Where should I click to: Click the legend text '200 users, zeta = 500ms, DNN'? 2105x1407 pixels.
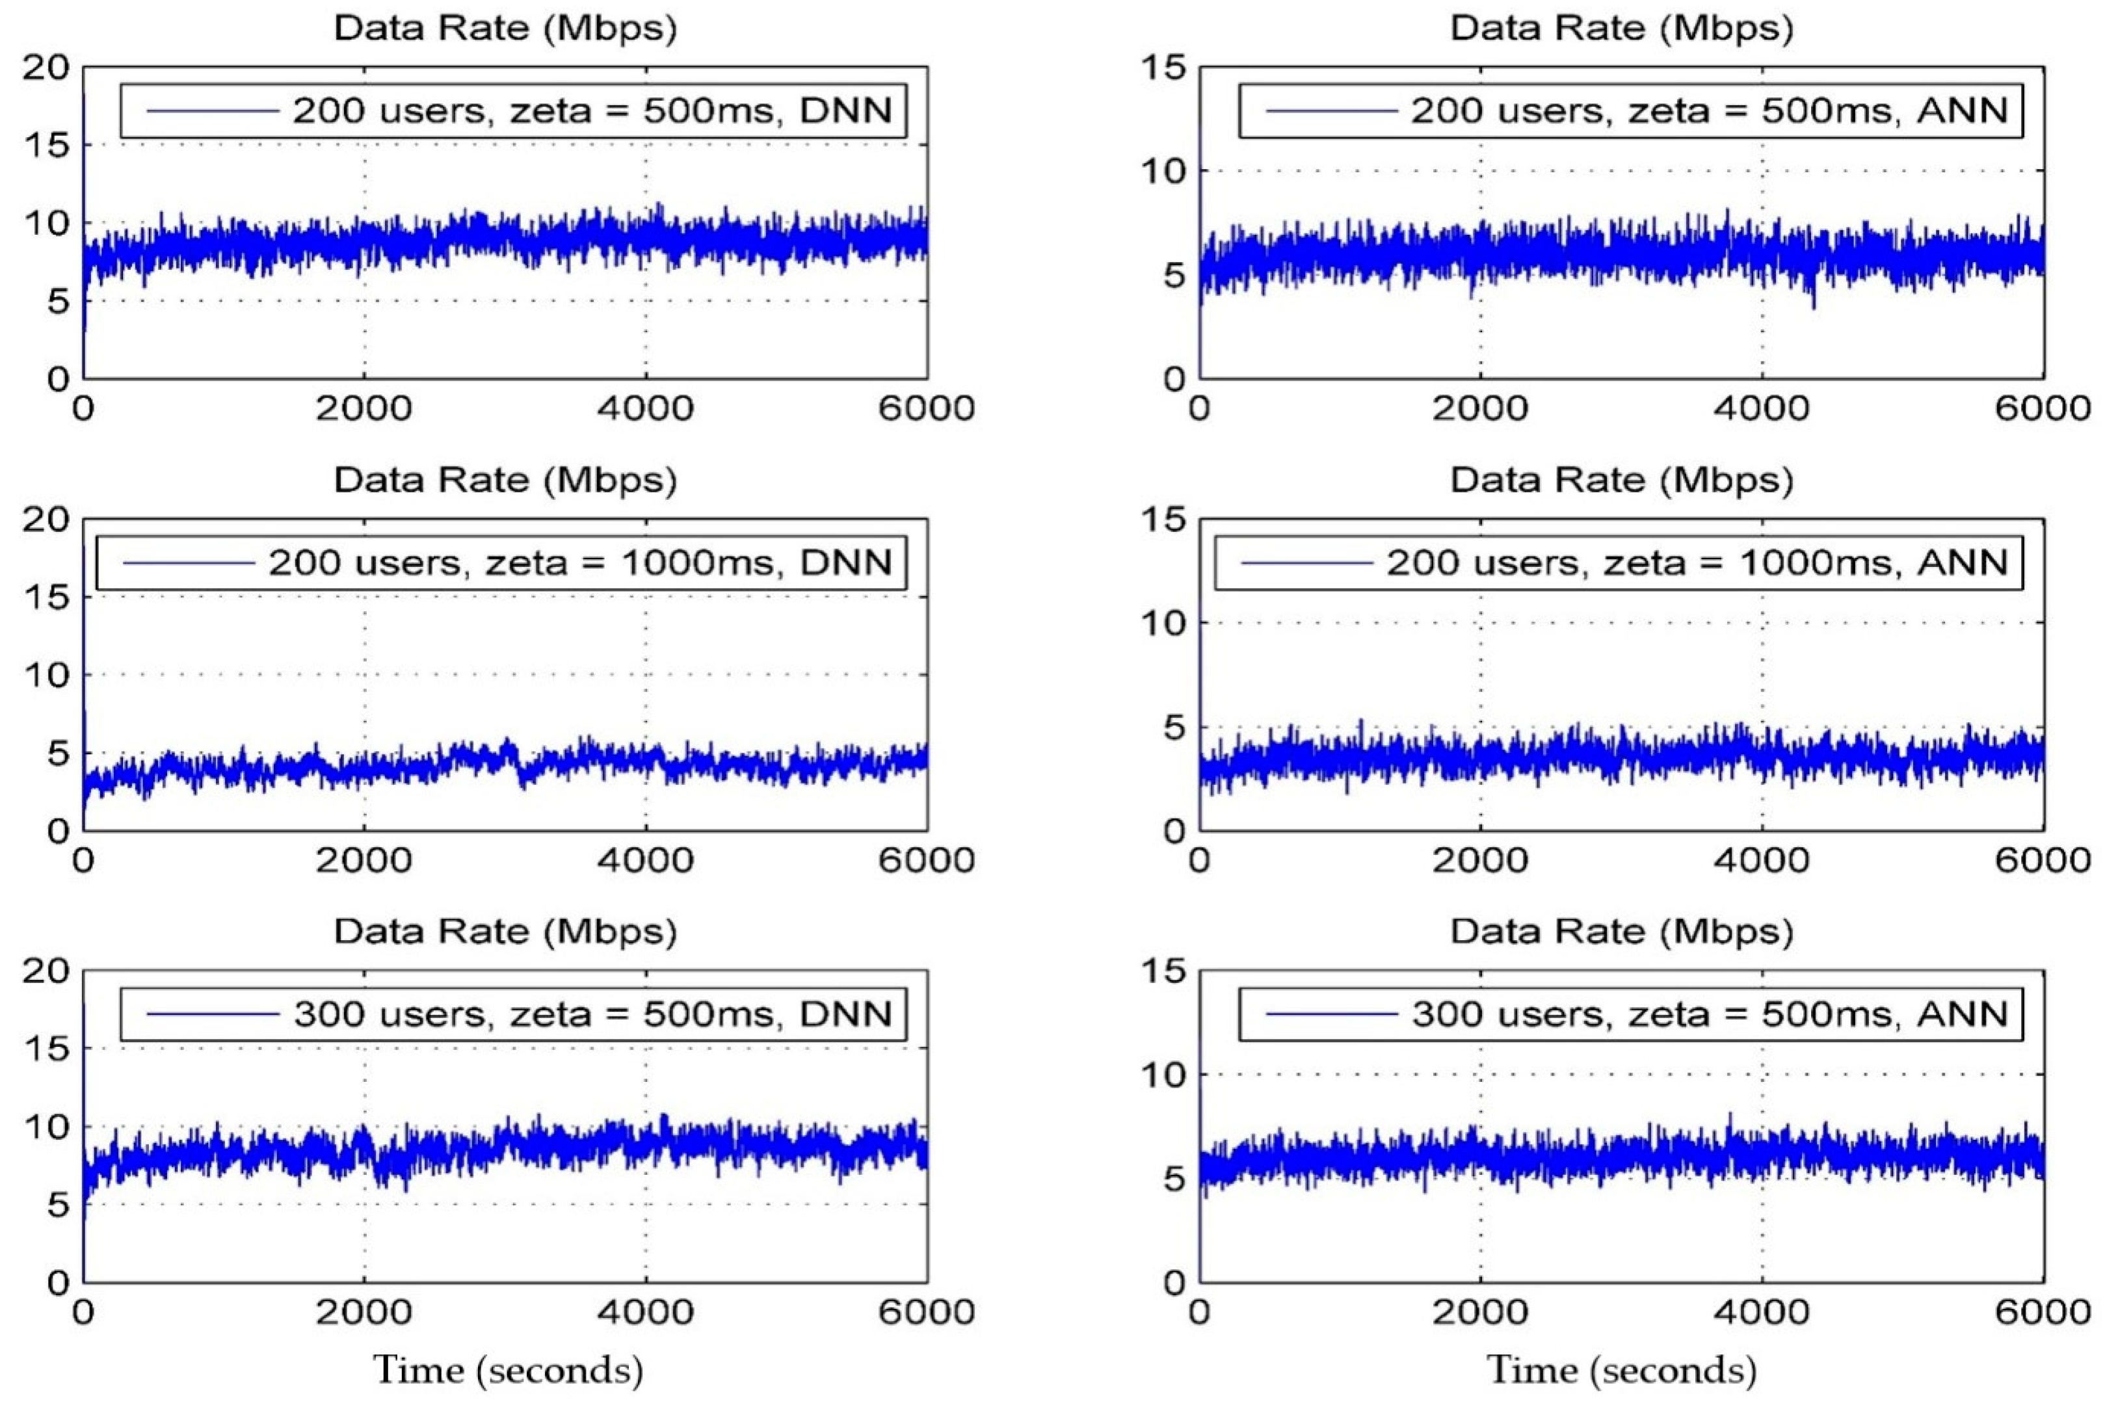[592, 111]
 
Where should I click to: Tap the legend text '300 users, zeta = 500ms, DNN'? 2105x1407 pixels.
[592, 1014]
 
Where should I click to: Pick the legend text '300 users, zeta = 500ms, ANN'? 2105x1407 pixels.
[1710, 1014]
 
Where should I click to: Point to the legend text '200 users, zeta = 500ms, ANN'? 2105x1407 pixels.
[1710, 111]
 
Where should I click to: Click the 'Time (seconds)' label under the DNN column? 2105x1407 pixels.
[508, 1370]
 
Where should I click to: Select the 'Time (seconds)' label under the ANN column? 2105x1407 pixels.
[1622, 1370]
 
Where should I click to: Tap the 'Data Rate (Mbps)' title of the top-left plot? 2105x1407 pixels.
[505, 29]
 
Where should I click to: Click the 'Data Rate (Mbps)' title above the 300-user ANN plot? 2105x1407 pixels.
[1621, 932]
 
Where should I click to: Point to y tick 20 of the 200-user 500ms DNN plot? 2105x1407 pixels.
[45, 68]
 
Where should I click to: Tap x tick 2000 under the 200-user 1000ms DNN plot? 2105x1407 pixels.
[364, 861]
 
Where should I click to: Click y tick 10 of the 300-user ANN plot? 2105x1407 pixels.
[1162, 1075]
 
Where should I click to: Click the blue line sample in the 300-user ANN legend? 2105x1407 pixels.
[1332, 1014]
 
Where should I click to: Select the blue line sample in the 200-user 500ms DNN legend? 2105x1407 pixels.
[213, 111]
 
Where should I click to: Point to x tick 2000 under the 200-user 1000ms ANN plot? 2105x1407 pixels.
[1479, 861]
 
